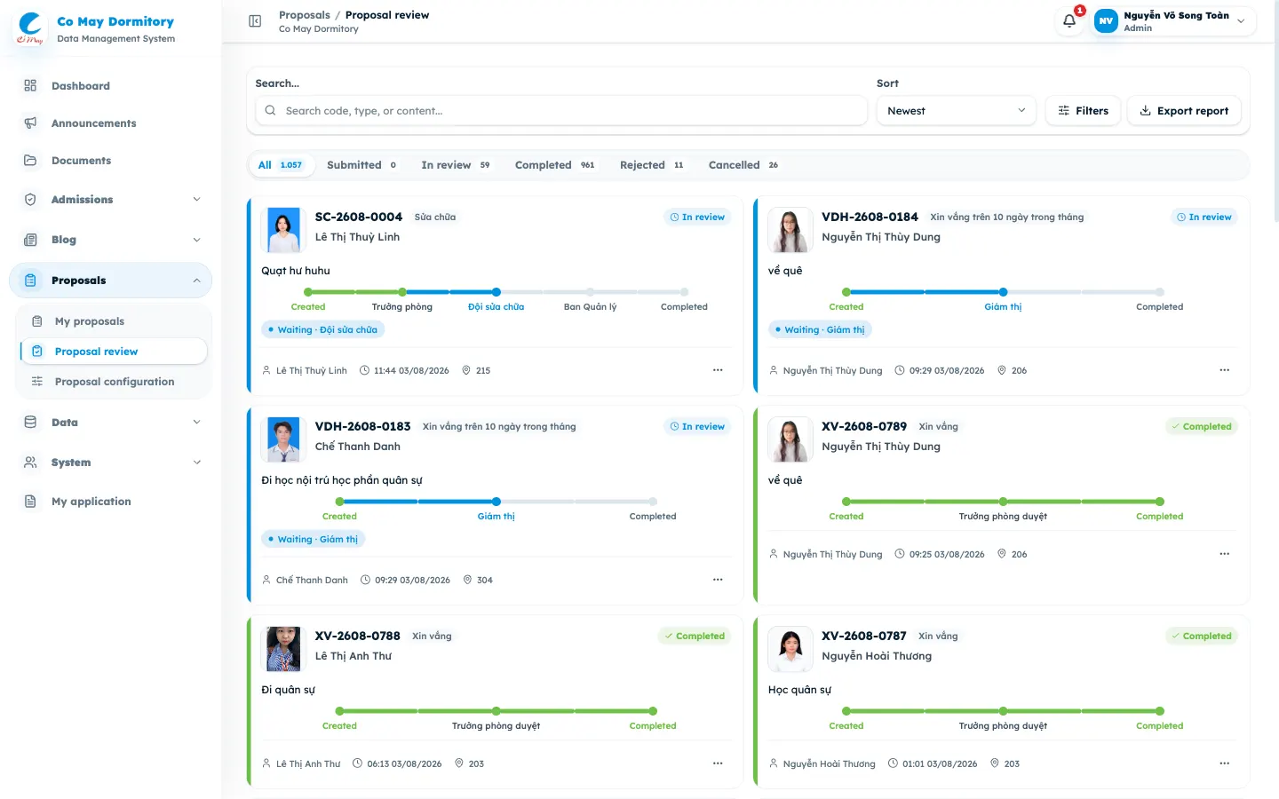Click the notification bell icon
pos(1068,21)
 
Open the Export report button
pos(1184,111)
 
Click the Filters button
pos(1083,111)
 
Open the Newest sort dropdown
pos(956,111)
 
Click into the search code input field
pos(561,111)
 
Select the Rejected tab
pos(652,165)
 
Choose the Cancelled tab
pos(743,165)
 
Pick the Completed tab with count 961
pos(554,165)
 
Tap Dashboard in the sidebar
pos(81,85)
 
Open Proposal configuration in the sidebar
pos(115,381)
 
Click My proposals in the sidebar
pos(90,321)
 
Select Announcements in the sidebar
pos(93,123)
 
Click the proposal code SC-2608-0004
pos(359,217)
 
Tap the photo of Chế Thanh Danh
pos(283,439)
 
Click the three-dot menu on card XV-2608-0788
pos(718,763)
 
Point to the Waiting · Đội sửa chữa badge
pos(322,329)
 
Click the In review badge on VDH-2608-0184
pos(1204,217)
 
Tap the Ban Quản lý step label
pos(591,306)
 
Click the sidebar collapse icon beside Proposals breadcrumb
pos(255,21)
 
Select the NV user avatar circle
pos(1106,21)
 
